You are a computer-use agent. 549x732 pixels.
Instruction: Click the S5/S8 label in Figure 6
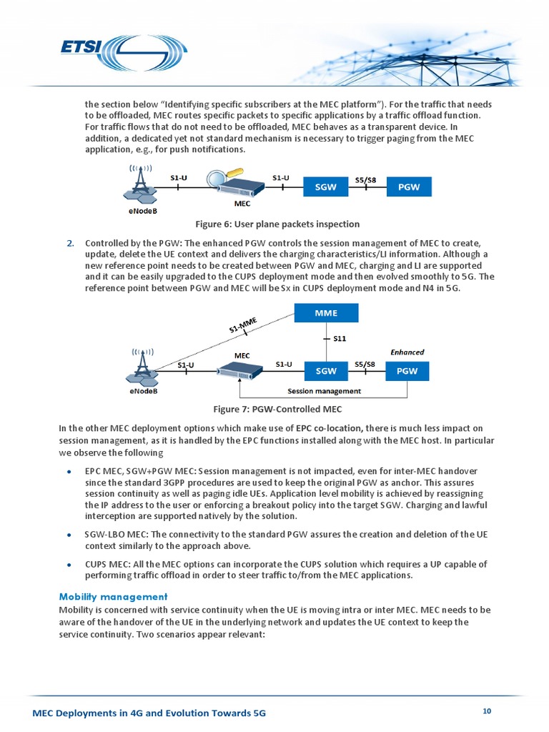tap(365, 179)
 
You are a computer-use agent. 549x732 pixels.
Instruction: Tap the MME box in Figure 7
tap(327, 312)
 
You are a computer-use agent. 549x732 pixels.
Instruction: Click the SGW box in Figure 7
tap(326, 371)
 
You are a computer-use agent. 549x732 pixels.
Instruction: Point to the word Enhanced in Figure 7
tap(407, 352)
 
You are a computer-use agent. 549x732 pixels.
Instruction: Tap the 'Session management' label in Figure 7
tap(324, 391)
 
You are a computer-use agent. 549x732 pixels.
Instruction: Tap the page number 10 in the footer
tap(487, 711)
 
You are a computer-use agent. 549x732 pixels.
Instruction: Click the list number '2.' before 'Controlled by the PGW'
tap(71, 243)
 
